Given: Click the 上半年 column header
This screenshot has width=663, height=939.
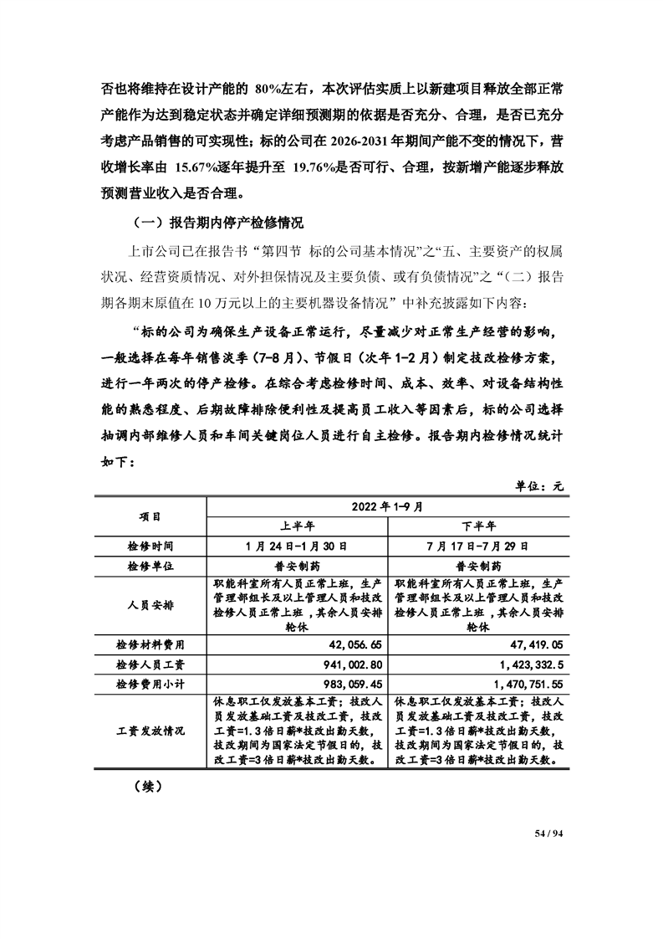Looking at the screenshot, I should point(297,526).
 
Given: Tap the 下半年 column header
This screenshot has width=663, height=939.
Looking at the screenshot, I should point(479,526).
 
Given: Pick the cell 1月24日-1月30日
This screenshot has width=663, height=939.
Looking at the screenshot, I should point(297,546).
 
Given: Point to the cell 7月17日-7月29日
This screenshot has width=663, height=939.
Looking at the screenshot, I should point(479,546).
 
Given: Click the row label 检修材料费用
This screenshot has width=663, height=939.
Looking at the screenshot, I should point(150,645).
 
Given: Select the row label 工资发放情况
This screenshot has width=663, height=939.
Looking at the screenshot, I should point(150,731).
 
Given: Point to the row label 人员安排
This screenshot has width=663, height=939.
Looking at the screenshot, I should point(150,605).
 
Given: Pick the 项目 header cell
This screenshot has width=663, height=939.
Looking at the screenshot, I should point(150,516).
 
